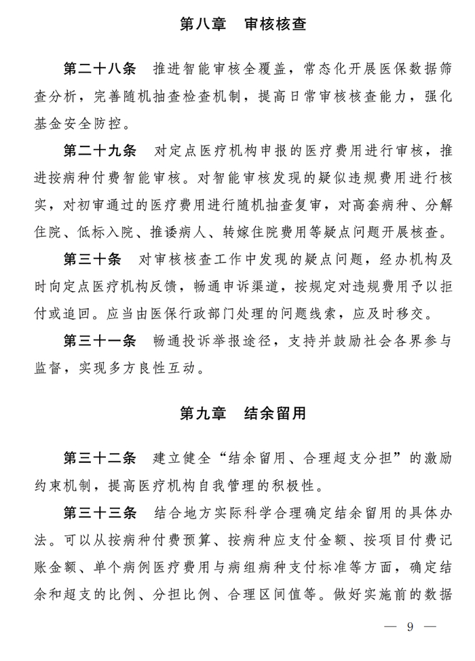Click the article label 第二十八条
coord(100,70)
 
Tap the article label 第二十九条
coord(100,150)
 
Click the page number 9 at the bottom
coord(411,626)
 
